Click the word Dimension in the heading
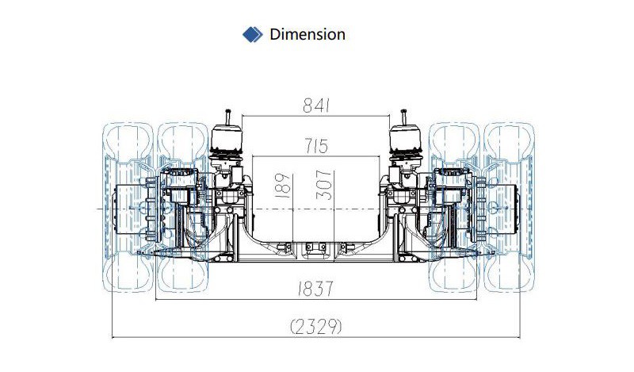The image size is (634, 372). [x=307, y=34]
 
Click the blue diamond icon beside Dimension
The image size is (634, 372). [x=252, y=34]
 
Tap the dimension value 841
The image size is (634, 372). [x=316, y=105]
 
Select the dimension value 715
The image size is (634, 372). [x=316, y=146]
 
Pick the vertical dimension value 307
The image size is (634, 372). [x=324, y=186]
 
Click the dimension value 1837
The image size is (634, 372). [x=315, y=289]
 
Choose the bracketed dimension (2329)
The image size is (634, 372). [x=316, y=326]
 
